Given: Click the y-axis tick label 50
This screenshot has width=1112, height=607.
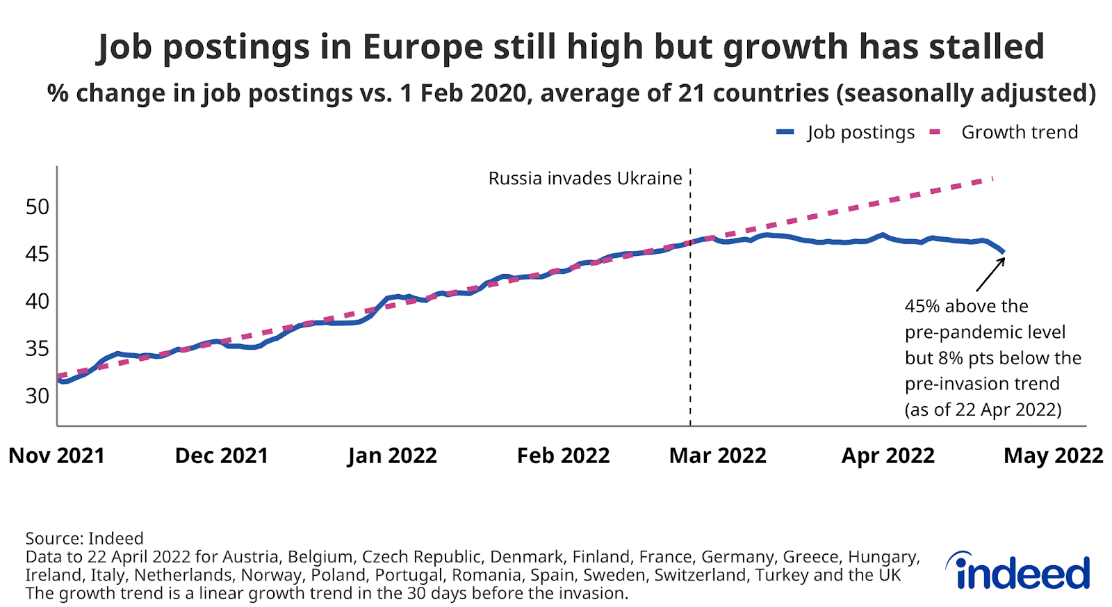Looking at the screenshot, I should [x=38, y=207].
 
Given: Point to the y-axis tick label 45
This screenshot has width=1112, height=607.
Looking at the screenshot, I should [x=38, y=254].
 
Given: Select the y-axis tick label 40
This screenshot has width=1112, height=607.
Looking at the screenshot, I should [x=38, y=301].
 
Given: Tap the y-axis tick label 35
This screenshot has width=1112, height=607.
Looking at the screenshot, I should [x=38, y=348].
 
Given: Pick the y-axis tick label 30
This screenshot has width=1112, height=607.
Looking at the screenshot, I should [x=38, y=396].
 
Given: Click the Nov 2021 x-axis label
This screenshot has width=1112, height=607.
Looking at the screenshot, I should [x=56, y=455].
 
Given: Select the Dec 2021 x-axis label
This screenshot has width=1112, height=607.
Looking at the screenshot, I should [x=222, y=455].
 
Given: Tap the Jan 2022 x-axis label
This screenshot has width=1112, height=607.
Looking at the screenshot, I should [x=392, y=455].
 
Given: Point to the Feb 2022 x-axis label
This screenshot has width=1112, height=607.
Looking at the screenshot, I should [x=563, y=455].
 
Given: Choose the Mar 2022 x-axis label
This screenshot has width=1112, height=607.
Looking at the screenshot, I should [x=717, y=455].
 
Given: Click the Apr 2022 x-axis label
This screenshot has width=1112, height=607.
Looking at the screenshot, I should [x=888, y=455].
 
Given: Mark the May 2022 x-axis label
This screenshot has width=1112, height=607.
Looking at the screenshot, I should [x=1053, y=455].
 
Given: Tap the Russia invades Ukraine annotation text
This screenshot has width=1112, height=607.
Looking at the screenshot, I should [x=585, y=179].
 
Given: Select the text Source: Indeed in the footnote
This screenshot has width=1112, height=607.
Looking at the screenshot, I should [x=84, y=539].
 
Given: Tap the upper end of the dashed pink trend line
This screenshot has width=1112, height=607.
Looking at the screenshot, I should [x=992, y=179].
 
